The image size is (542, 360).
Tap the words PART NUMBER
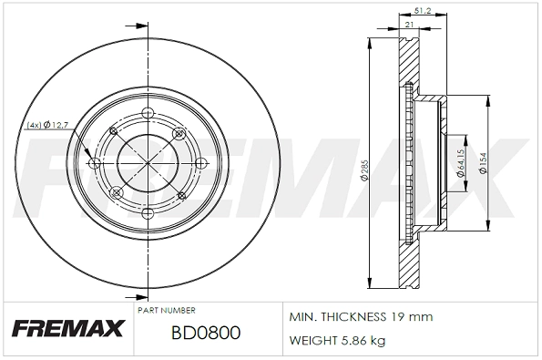coord(166,311)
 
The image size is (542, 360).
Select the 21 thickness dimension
coord(409,26)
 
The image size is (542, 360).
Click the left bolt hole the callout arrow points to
coord(95,163)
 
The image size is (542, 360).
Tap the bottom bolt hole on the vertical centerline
coord(148,212)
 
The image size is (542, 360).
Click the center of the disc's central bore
coord(148,162)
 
